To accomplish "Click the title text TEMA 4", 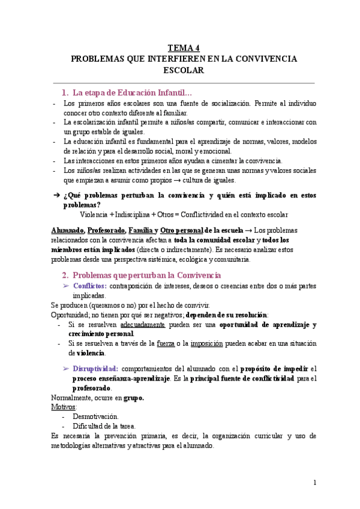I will click(184, 48).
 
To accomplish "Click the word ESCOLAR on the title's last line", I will click(184, 70).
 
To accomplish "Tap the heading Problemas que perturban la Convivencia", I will click(141, 275).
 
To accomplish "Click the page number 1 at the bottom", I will click(314, 483).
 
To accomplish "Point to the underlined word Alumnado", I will click(67, 230).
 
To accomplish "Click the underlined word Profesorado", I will click(107, 230).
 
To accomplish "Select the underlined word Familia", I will click(140, 230).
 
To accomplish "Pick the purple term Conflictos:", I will click(89, 286).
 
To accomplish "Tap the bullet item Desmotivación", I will click(95, 416).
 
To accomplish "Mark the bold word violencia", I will click(89, 353).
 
